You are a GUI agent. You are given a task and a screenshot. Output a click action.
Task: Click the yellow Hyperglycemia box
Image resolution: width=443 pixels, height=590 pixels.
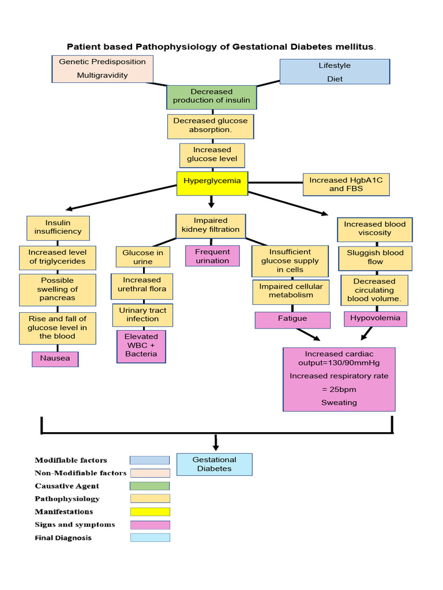pyautogui.click(x=212, y=181)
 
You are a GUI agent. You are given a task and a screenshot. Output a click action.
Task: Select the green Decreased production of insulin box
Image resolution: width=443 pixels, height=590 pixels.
pyautogui.click(x=212, y=96)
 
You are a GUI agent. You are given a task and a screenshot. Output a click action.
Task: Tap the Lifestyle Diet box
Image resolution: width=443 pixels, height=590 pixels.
pyautogui.click(x=334, y=72)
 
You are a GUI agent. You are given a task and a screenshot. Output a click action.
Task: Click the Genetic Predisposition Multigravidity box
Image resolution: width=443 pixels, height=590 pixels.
pyautogui.click(x=102, y=69)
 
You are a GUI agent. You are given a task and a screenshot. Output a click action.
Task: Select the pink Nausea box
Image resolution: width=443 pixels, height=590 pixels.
pyautogui.click(x=55, y=358)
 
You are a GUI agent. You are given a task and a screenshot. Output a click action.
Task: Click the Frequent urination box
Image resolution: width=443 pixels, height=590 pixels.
pyautogui.click(x=212, y=256)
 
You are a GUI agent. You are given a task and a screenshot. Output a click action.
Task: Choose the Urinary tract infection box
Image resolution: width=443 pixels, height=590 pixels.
pyautogui.click(x=142, y=315)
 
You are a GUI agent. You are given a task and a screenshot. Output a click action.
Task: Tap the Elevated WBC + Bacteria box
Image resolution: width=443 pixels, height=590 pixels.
pyautogui.click(x=141, y=346)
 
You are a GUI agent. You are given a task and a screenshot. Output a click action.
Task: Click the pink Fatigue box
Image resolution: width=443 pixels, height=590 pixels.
pyautogui.click(x=292, y=319)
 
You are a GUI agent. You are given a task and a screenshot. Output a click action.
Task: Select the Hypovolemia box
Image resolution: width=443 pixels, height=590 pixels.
pyautogui.click(x=376, y=318)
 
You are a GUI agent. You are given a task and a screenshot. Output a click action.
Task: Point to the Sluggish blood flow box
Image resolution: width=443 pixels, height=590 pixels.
pyautogui.click(x=375, y=258)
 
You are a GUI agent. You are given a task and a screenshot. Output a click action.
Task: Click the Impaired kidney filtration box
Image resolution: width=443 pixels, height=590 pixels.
pyautogui.click(x=211, y=225)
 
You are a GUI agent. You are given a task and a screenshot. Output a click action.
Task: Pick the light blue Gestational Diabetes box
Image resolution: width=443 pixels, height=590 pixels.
pyautogui.click(x=214, y=464)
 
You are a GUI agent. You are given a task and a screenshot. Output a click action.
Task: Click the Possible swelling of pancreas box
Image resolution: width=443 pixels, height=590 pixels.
pyautogui.click(x=57, y=290)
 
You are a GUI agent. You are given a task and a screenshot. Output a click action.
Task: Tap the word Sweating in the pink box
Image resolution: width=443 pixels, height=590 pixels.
pyautogui.click(x=339, y=403)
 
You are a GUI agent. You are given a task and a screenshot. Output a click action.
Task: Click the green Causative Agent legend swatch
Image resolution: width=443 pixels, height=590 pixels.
pyautogui.click(x=149, y=486)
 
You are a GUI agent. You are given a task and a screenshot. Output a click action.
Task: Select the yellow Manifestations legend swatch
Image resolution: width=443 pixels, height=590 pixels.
pyautogui.click(x=149, y=511)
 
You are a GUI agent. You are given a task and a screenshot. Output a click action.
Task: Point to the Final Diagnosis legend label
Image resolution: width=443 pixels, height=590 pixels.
pyautogui.click(x=63, y=538)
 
